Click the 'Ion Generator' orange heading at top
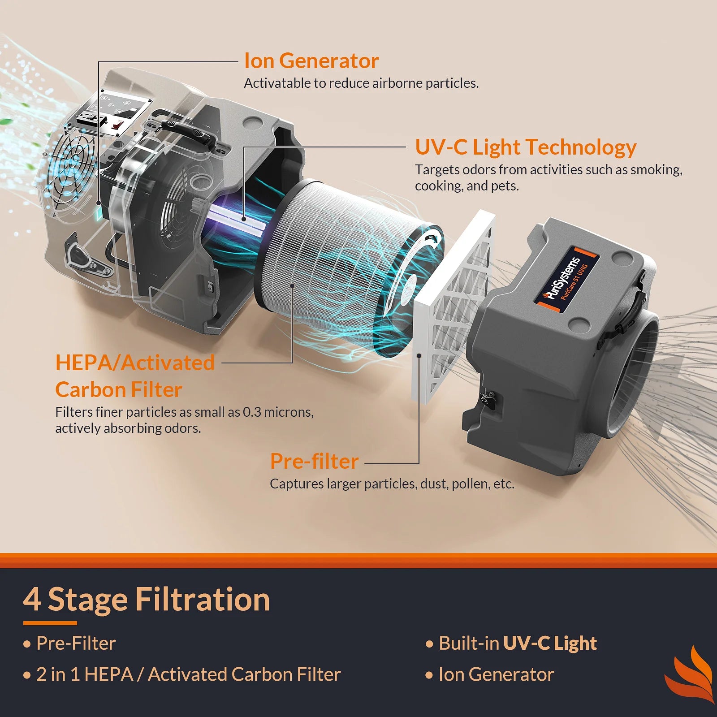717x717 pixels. (x=311, y=61)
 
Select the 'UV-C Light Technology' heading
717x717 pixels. (x=525, y=147)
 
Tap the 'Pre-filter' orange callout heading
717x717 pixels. (x=314, y=462)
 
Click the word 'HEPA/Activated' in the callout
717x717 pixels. (x=134, y=363)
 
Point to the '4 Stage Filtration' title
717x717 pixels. (x=146, y=600)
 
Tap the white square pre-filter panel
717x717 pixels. (x=453, y=309)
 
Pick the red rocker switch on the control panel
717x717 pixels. (x=117, y=125)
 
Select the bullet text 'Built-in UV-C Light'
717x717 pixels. (x=517, y=644)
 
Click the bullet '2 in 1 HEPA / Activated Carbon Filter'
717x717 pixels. (x=188, y=674)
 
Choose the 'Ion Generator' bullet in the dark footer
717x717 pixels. (x=496, y=674)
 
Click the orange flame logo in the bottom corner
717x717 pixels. (x=690, y=674)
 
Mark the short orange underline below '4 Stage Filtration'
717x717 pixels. (x=50, y=623)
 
